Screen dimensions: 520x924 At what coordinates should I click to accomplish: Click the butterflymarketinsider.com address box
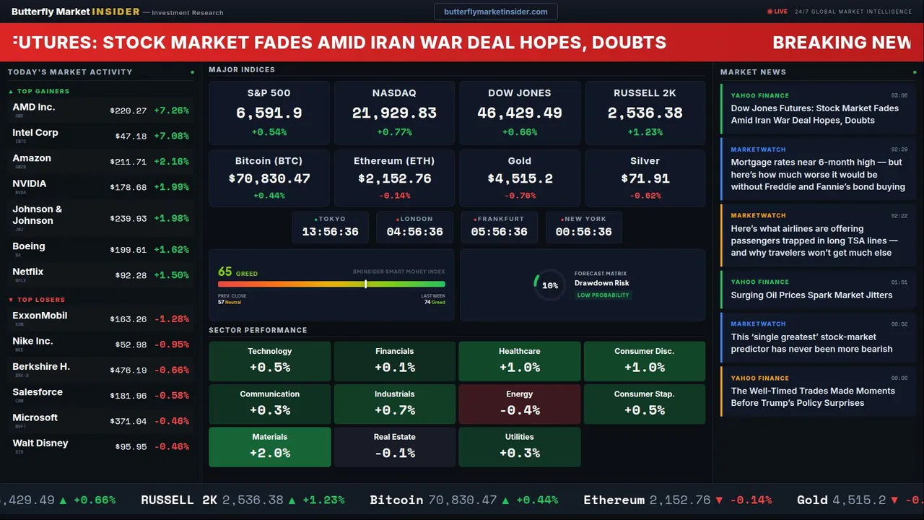pyautogui.click(x=496, y=12)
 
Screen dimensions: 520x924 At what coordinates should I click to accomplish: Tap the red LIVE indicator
pyautogui.click(x=777, y=12)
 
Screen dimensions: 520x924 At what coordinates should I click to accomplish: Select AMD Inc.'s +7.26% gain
pyautogui.click(x=171, y=110)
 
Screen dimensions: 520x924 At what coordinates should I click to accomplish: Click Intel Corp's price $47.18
pyautogui.click(x=131, y=136)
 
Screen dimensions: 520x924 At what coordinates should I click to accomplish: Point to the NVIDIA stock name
pyautogui.click(x=30, y=183)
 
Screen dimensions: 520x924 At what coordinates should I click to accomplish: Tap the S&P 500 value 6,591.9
pyautogui.click(x=269, y=113)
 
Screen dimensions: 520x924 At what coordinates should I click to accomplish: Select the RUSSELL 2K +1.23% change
pyautogui.click(x=645, y=132)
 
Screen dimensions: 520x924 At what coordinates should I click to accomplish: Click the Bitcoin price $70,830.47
pyautogui.click(x=269, y=178)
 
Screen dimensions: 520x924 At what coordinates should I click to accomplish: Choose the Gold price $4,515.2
pyautogui.click(x=520, y=178)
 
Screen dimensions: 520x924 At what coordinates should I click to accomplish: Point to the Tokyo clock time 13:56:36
pyautogui.click(x=330, y=232)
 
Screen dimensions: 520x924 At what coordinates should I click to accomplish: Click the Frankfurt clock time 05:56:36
pyautogui.click(x=499, y=232)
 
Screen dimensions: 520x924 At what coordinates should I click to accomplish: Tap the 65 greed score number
pyautogui.click(x=225, y=272)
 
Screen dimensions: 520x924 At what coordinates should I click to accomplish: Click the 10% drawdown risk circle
pyautogui.click(x=549, y=285)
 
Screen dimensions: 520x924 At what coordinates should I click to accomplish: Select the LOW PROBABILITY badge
pyautogui.click(x=603, y=295)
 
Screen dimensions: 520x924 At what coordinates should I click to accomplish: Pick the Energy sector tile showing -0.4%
pyautogui.click(x=520, y=404)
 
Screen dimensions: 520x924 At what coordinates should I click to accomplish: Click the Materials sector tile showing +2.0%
pyautogui.click(x=270, y=446)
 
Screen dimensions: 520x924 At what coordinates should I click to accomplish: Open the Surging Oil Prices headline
pyautogui.click(x=811, y=295)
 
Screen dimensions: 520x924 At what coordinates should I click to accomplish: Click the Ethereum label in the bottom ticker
pyautogui.click(x=614, y=500)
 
